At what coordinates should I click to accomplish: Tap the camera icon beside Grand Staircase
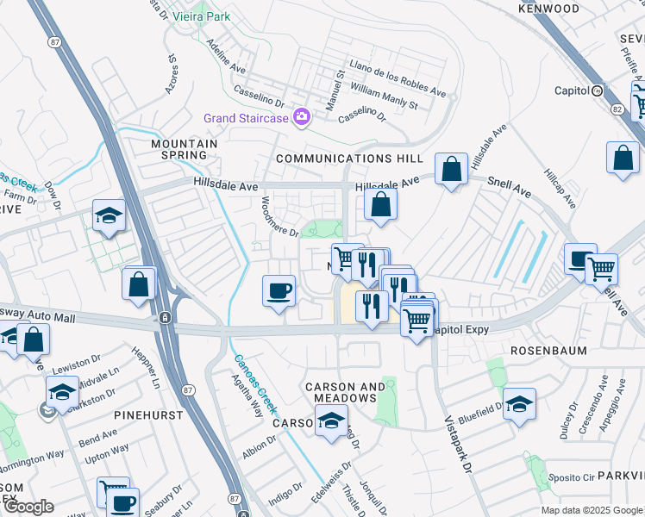point(301,116)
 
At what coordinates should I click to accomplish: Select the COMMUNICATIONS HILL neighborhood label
point(349,159)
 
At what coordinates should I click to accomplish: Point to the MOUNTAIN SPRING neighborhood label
point(179,149)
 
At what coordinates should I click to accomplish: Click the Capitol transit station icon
point(597,90)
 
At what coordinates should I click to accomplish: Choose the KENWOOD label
point(548,9)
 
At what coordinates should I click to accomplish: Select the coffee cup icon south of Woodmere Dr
point(279,291)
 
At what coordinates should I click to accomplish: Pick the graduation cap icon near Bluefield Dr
point(520,403)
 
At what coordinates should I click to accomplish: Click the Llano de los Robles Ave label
point(397,78)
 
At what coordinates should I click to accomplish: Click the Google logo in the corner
point(28,507)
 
